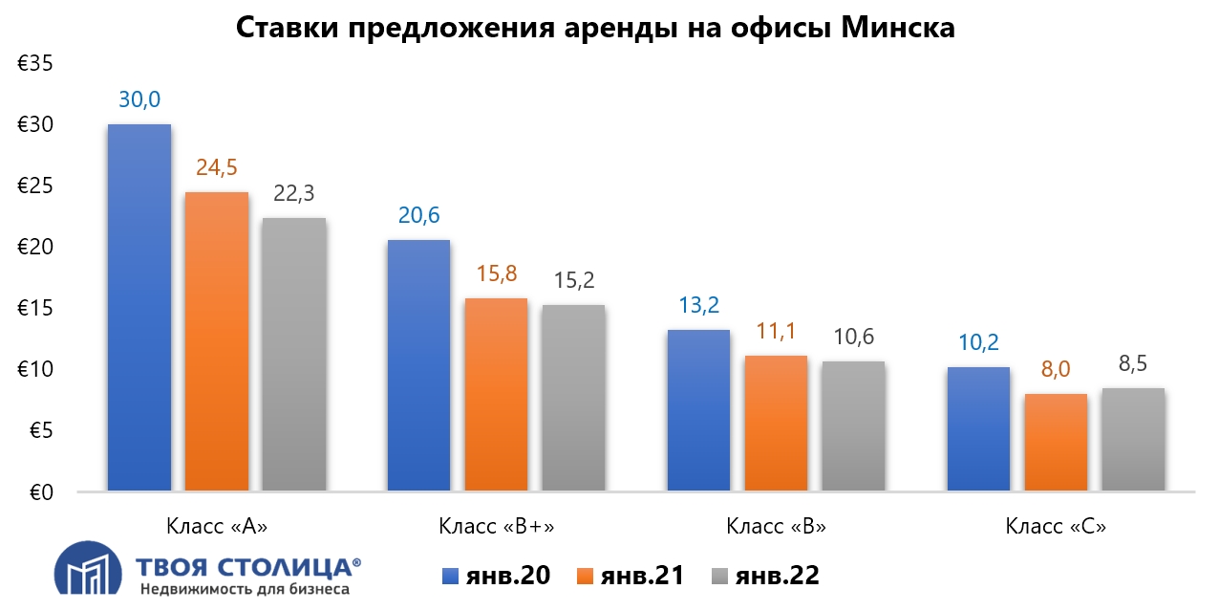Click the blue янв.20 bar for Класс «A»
139,308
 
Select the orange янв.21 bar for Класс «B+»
496,395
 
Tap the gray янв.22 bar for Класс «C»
1133,440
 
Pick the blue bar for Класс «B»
698,410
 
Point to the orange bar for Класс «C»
1056,443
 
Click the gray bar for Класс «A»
294,355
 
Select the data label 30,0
139,99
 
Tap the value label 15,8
497,273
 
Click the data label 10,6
853,338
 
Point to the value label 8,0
1056,369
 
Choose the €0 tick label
39,492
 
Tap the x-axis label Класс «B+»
497,526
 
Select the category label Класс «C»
1056,526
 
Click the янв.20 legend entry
496,576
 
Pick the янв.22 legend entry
765,576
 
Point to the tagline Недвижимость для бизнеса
245,589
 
